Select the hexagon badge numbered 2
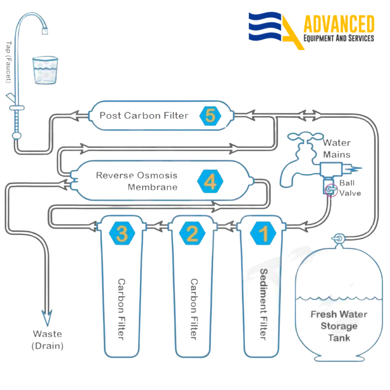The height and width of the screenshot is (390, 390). tap(193, 233)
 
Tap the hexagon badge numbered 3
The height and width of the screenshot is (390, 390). tap(122, 233)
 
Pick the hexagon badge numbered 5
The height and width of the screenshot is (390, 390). tap(210, 115)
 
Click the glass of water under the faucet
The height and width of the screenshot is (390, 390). tap(45, 70)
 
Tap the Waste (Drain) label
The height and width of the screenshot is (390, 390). tap(48, 340)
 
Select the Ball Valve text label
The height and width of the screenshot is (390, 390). tap(349, 188)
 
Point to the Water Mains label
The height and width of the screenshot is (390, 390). tap(337, 149)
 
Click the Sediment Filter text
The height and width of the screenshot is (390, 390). tap(264, 304)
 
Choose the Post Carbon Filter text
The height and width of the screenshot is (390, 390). tap(144, 115)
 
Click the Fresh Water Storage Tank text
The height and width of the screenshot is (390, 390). tap(339, 326)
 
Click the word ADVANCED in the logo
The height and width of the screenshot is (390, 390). tap(339, 24)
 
